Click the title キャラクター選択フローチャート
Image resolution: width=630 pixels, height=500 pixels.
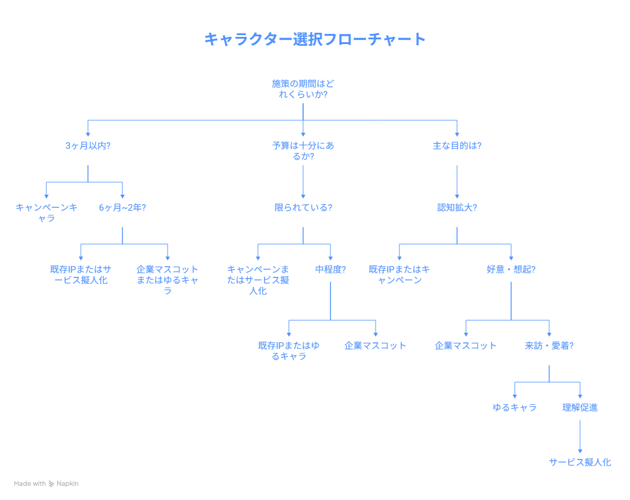315,39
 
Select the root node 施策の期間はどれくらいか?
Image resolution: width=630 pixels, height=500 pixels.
303,89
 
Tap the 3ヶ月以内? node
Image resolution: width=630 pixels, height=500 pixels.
88,145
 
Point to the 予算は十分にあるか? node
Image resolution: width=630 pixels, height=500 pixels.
303,151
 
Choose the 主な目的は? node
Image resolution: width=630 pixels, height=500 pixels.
456,145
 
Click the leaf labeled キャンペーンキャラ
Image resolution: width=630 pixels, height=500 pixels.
46,212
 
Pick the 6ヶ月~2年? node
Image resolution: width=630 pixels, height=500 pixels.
122,208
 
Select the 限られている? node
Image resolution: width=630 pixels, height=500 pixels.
303,208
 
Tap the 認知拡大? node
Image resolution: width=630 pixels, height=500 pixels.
456,208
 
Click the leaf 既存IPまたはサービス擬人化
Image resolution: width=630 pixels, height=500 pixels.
80,274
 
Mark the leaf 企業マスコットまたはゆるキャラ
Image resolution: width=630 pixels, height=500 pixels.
168,280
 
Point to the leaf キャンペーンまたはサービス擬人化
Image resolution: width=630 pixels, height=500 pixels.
258,280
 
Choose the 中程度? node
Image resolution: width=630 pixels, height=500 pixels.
330,269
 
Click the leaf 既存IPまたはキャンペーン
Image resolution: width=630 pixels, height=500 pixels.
399,274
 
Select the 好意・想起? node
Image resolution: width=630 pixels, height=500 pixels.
511,269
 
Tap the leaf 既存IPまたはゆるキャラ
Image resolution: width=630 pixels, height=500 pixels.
289,351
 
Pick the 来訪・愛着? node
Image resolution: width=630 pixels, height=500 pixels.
549,345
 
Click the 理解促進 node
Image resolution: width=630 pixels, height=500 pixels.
580,407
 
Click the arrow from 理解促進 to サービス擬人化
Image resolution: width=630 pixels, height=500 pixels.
580,435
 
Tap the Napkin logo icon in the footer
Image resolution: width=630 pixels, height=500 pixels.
52,484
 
